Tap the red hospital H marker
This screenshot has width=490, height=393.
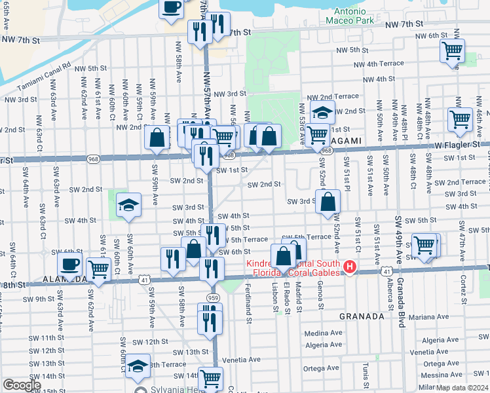[x=350, y=267]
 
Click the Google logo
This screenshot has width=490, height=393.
[x=22, y=386]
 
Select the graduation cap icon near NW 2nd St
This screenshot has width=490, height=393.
[x=322, y=112]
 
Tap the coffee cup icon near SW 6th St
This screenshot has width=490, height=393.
[x=69, y=265]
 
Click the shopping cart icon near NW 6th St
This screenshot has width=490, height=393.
[x=451, y=50]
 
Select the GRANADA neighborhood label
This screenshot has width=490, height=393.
[x=361, y=316]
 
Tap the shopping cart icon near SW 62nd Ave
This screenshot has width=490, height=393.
[x=98, y=268]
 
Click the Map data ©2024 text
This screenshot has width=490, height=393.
[x=462, y=388]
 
